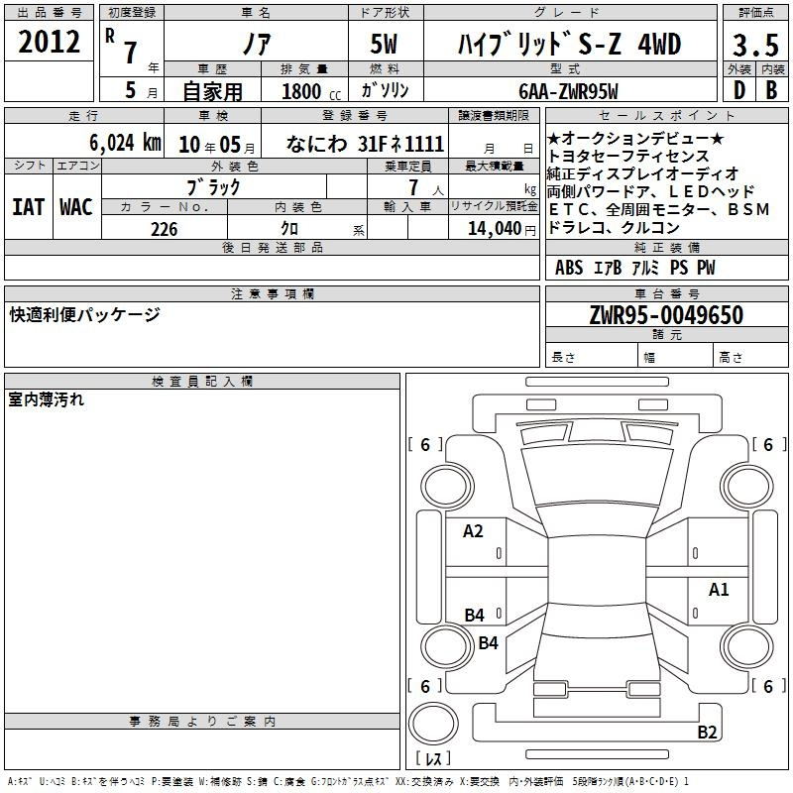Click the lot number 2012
tap(49, 42)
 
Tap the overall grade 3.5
tap(755, 45)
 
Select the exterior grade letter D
tap(738, 90)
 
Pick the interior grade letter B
tap(771, 90)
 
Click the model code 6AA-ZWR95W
tap(568, 91)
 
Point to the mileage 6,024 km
tap(125, 143)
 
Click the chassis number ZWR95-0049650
tap(666, 315)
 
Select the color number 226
tap(165, 229)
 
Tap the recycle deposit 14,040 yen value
tap(502, 229)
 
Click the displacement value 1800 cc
tap(311, 91)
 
